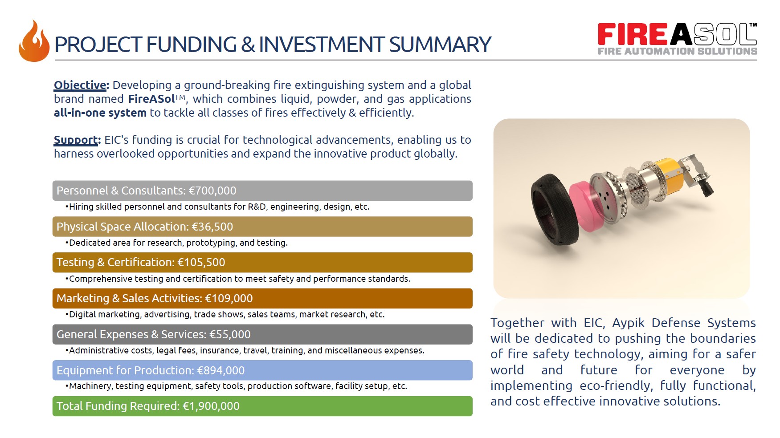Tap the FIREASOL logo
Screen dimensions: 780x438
677,39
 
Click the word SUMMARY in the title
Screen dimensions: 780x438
440,45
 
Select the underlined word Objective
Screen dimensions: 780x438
80,85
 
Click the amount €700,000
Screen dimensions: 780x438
212,191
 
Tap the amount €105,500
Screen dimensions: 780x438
201,263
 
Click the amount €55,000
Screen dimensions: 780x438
230,334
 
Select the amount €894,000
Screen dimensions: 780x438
221,370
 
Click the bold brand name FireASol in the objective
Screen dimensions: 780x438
151,99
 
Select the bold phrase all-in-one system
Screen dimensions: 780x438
100,113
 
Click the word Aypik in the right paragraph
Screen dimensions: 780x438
628,323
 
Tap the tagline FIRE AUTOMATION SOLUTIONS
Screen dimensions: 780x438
678,51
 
